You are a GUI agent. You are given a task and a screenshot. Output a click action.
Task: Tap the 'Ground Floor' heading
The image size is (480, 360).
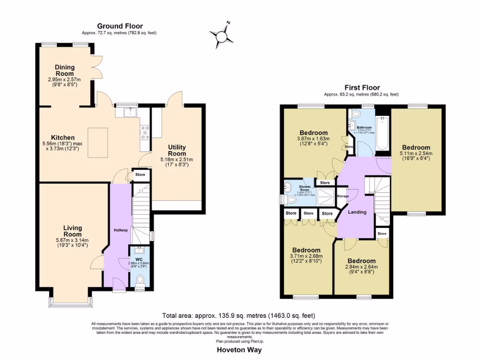coord(120,26)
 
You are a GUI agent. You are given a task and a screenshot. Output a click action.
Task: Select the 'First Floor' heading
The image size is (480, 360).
coord(362,88)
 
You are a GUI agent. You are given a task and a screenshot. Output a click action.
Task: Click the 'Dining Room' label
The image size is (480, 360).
coord(64,71)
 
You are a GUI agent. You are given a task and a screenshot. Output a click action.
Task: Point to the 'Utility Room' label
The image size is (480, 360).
coord(178,150)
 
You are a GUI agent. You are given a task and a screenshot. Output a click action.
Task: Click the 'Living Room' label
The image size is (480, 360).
coord(73,231)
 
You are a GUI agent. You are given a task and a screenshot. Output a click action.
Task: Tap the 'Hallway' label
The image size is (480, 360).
coord(117,230)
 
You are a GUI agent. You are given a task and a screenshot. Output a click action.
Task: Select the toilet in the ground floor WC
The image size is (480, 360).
coord(139,280)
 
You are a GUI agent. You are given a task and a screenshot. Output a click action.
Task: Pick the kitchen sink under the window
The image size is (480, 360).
coord(126,112)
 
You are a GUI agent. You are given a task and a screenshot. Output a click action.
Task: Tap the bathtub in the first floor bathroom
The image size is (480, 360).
coord(383,134)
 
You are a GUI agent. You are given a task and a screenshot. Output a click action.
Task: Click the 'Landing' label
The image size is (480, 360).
coord(357,212)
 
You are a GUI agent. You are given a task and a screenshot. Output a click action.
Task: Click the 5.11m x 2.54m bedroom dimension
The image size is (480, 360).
coord(415,153)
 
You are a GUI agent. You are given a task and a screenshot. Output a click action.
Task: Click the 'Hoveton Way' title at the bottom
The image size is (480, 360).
coord(239,350)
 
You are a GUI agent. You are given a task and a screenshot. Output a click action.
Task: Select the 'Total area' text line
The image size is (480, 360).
coord(239,315)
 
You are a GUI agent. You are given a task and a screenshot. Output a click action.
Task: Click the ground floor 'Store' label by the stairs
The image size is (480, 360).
coord(140,175)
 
